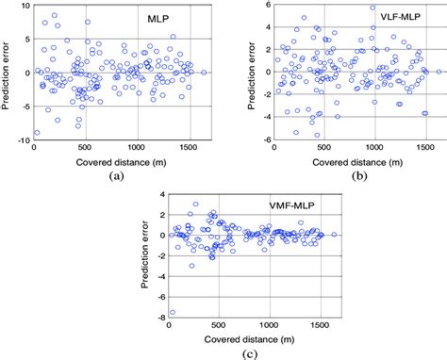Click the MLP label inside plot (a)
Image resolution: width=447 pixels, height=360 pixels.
(x=158, y=18)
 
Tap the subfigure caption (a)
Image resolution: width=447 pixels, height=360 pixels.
(x=115, y=175)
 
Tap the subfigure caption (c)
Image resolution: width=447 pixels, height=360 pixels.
(x=252, y=353)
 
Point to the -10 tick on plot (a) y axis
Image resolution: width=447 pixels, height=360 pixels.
(x=24, y=139)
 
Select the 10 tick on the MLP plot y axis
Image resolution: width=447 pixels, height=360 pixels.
(x=25, y=6)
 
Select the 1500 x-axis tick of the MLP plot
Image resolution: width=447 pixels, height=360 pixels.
(x=190, y=148)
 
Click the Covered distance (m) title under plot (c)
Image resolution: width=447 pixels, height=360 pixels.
(x=251, y=339)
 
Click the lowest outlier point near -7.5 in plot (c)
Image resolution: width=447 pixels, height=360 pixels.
(x=173, y=312)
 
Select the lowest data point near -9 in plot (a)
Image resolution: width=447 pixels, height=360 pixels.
(x=37, y=133)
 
